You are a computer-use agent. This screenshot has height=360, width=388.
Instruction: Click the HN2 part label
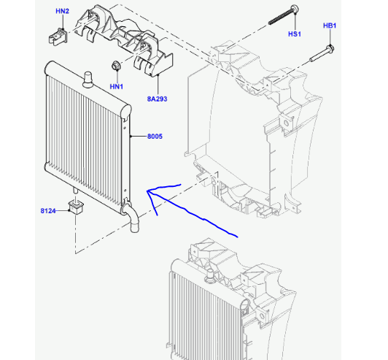tap(63, 11)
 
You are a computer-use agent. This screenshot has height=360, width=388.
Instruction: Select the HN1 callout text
tap(116, 86)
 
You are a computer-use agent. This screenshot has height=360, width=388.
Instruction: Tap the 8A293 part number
tap(157, 99)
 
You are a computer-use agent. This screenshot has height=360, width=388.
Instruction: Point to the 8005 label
tap(155, 137)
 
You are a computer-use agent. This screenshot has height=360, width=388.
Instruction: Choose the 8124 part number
tap(48, 211)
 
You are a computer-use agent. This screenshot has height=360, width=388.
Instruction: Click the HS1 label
tap(295, 34)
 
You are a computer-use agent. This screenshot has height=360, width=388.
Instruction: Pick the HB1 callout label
tap(330, 26)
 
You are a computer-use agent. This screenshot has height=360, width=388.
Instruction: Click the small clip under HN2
tap(58, 37)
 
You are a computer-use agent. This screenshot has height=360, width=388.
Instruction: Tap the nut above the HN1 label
tap(116, 65)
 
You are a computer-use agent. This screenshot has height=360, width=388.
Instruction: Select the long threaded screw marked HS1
tap(284, 15)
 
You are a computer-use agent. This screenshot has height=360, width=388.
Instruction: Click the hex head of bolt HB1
tap(330, 48)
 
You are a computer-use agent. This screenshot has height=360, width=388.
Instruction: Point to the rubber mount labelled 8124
tap(76, 207)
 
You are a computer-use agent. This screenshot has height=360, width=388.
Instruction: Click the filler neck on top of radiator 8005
tap(88, 80)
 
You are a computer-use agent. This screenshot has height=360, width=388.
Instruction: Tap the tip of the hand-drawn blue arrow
tap(147, 191)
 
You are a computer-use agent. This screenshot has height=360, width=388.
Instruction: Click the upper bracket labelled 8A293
tap(124, 39)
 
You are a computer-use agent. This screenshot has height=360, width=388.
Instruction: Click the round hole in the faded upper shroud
tap(287, 123)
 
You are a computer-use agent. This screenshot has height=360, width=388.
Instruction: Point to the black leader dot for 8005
tap(131, 137)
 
